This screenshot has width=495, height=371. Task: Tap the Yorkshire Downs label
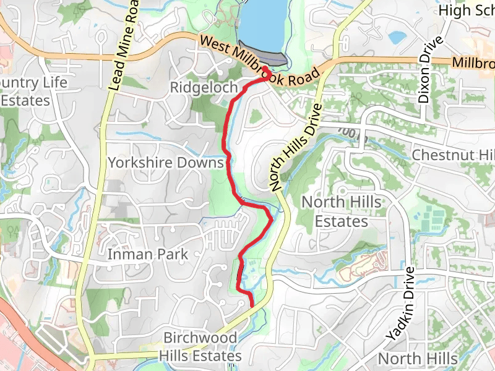tap(165, 163)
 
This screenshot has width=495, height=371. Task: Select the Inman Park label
tap(147, 254)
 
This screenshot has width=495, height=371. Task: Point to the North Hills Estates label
tap(342, 211)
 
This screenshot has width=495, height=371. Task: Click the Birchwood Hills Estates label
tap(200, 347)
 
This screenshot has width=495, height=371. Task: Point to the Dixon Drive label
tap(431, 70)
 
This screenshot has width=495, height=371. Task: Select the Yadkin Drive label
tap(399, 305)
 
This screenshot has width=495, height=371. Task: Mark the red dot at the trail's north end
tap(265, 69)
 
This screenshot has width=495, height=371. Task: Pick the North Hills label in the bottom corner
tap(417, 359)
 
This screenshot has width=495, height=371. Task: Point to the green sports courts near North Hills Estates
tap(434, 217)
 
